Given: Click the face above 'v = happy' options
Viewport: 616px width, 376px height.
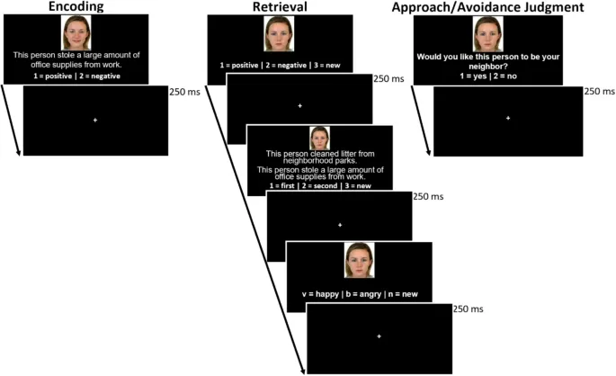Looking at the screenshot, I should click(359, 262).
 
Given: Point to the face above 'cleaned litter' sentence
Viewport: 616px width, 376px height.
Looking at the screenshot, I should click(319, 138).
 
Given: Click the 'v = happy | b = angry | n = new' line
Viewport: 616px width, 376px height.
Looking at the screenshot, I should click(359, 294).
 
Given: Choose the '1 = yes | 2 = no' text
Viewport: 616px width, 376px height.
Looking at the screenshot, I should click(488, 76).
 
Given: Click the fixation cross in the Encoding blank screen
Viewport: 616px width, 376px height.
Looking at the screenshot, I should click(94, 120).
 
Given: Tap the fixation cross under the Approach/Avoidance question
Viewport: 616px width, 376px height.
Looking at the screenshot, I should click(508, 119).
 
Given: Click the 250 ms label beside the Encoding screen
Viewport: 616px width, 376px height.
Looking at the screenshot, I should click(184, 91).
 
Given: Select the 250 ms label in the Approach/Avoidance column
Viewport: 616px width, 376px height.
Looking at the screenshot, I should click(599, 91).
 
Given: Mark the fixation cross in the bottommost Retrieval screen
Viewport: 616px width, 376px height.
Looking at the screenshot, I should click(379, 336).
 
